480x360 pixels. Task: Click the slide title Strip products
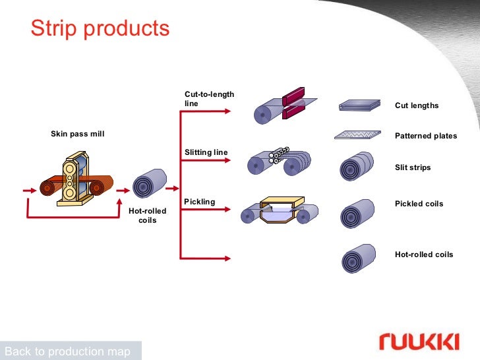(x=100, y=28)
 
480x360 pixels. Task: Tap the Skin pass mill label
(x=78, y=134)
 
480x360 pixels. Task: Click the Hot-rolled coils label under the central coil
(x=147, y=216)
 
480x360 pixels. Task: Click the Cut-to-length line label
(x=209, y=100)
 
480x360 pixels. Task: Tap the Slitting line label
(x=206, y=152)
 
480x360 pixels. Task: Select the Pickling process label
(x=199, y=201)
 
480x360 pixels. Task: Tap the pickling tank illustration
(x=280, y=210)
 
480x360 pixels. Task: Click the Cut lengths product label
(x=417, y=105)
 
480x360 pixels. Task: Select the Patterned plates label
(x=425, y=136)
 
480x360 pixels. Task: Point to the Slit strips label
(x=413, y=167)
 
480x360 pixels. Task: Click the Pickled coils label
(x=419, y=204)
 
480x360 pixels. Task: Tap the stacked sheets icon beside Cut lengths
(x=360, y=105)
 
